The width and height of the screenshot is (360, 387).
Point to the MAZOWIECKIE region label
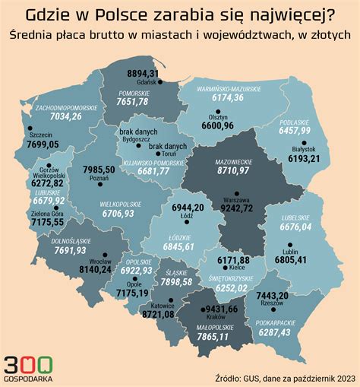235,161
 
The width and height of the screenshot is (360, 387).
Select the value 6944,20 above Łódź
188,207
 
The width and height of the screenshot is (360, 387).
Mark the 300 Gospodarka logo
28,368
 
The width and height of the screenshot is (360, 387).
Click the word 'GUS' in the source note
254,376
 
